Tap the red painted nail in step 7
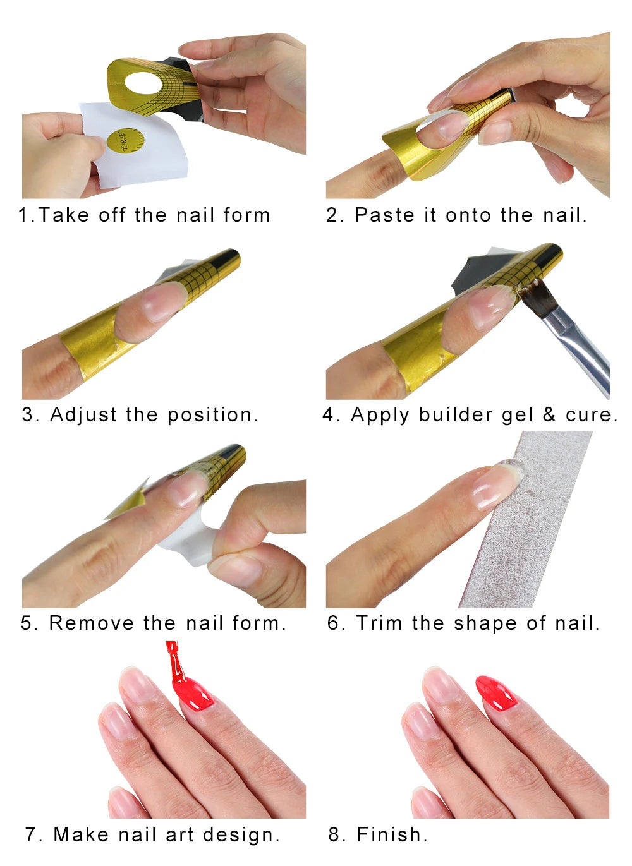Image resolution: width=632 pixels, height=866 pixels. click(x=197, y=695)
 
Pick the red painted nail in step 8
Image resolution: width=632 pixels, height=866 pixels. click(x=496, y=693)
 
